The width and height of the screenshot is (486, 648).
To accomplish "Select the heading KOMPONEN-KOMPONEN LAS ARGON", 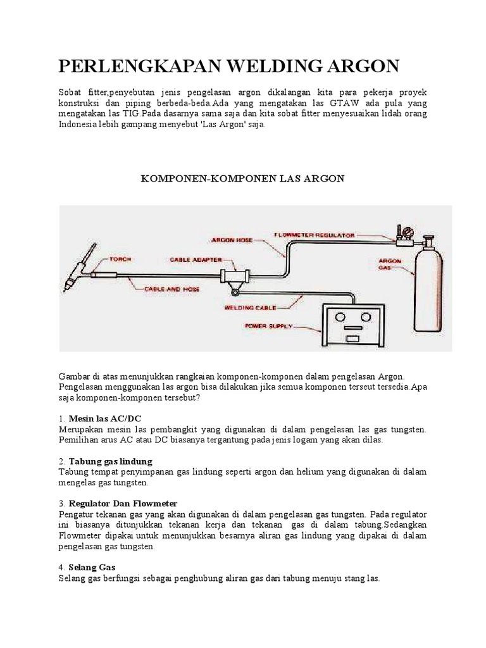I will point(242,179).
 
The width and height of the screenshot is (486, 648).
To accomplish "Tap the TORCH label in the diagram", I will point(121,259).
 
